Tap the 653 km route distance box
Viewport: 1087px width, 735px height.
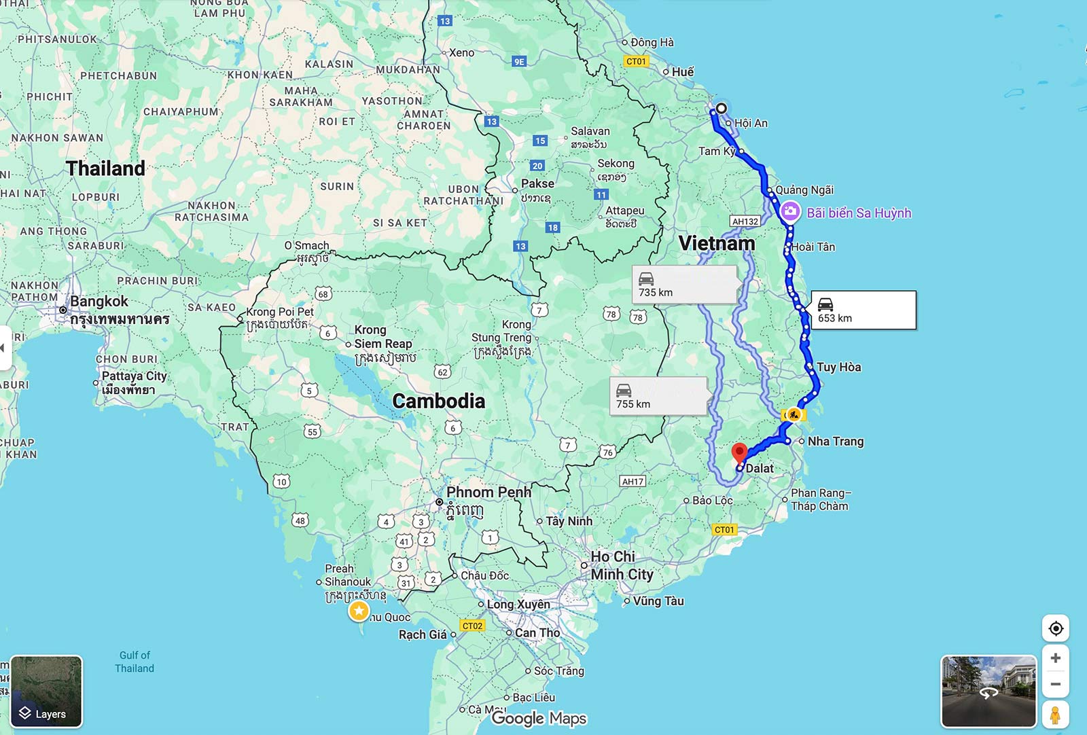click(863, 310)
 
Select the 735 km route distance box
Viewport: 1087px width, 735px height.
click(684, 285)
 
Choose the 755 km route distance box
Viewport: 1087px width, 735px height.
click(658, 396)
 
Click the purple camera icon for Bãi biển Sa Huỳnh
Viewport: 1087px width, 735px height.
click(789, 212)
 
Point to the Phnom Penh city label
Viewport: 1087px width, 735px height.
click(488, 492)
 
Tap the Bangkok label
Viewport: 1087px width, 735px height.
click(99, 302)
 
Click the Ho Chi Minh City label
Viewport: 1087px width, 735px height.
click(621, 565)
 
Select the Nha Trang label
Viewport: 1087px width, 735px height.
click(835, 442)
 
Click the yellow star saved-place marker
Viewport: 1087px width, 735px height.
click(359, 611)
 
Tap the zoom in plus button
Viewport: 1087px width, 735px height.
click(1055, 658)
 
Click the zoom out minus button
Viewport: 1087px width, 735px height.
click(1055, 684)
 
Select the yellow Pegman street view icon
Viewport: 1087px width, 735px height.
click(1055, 715)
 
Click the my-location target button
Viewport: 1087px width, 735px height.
click(1055, 628)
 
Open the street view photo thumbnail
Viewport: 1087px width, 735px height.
click(988, 691)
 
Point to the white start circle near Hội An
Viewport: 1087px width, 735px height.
click(721, 108)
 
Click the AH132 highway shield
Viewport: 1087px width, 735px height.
click(745, 221)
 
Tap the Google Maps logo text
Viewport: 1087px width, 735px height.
click(539, 718)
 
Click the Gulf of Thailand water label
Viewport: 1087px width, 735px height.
click(135, 662)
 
